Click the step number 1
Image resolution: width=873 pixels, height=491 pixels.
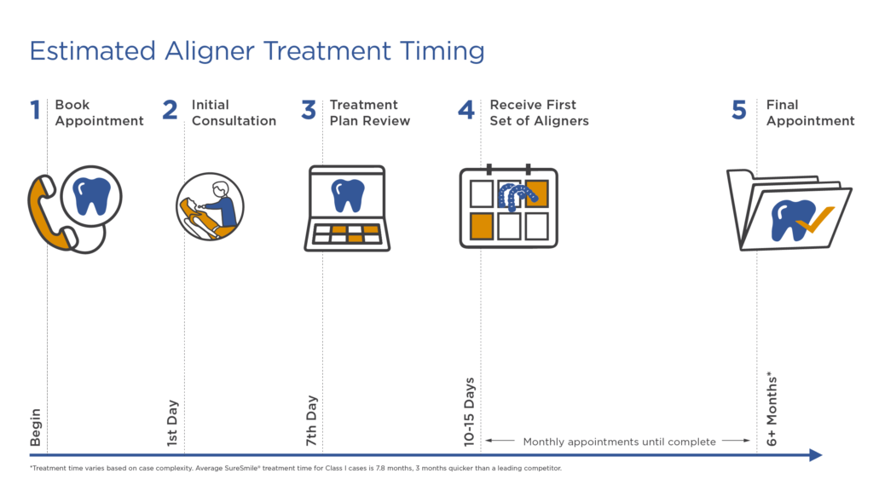[36, 110]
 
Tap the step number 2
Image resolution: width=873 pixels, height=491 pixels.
[170, 110]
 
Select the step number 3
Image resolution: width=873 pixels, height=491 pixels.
[309, 110]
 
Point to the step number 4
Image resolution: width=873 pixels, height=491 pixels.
[466, 110]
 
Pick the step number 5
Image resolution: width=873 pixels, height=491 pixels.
[739, 110]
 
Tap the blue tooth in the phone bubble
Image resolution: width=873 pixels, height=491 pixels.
[92, 197]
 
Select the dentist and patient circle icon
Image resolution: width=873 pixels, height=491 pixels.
[210, 206]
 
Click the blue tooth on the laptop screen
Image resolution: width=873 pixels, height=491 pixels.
[348, 195]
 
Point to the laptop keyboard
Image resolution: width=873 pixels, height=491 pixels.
[347, 234]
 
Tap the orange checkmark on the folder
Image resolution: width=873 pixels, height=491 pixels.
[815, 220]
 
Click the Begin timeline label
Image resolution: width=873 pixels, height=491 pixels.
[36, 427]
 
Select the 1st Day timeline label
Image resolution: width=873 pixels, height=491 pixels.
[172, 423]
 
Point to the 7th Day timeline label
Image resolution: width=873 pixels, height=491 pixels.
[310, 421]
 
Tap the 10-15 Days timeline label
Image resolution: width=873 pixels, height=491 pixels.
[470, 412]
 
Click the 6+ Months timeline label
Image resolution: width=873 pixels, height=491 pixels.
[771, 408]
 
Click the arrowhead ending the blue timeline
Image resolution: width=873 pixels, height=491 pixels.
[816, 455]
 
